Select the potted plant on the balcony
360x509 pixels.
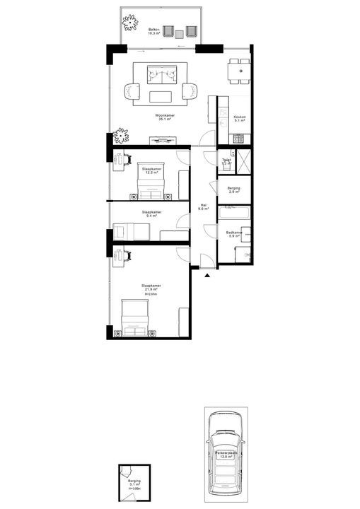[129, 23]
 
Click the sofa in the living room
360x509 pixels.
[165, 73]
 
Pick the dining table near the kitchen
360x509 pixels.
[238, 71]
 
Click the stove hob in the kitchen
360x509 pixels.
[239, 136]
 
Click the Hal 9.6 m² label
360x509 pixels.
[202, 208]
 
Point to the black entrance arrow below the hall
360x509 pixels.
[206, 276]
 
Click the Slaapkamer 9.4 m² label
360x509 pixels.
[151, 213]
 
